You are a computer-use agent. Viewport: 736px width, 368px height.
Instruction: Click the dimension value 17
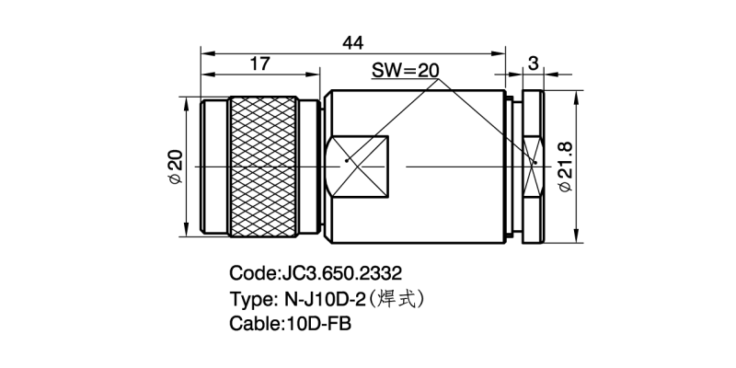(260, 63)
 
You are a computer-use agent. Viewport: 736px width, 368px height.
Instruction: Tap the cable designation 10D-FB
(318, 324)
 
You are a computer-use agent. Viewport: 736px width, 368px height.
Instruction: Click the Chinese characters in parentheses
(400, 298)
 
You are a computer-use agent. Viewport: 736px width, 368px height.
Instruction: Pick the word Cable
(253, 324)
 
